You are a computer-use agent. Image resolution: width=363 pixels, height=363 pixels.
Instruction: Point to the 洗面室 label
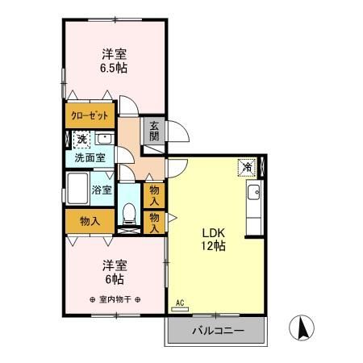[89, 158]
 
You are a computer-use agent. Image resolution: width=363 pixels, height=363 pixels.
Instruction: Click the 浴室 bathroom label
[101, 191]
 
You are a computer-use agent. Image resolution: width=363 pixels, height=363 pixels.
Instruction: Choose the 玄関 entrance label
[153, 130]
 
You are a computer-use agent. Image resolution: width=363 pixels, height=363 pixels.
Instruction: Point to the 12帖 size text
[214, 247]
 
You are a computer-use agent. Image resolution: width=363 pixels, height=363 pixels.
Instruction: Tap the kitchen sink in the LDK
[253, 193]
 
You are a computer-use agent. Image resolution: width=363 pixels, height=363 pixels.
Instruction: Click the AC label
[180, 304]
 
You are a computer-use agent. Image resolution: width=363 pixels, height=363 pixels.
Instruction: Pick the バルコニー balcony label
[216, 330]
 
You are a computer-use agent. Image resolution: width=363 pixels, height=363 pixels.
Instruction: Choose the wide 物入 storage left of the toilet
[90, 219]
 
